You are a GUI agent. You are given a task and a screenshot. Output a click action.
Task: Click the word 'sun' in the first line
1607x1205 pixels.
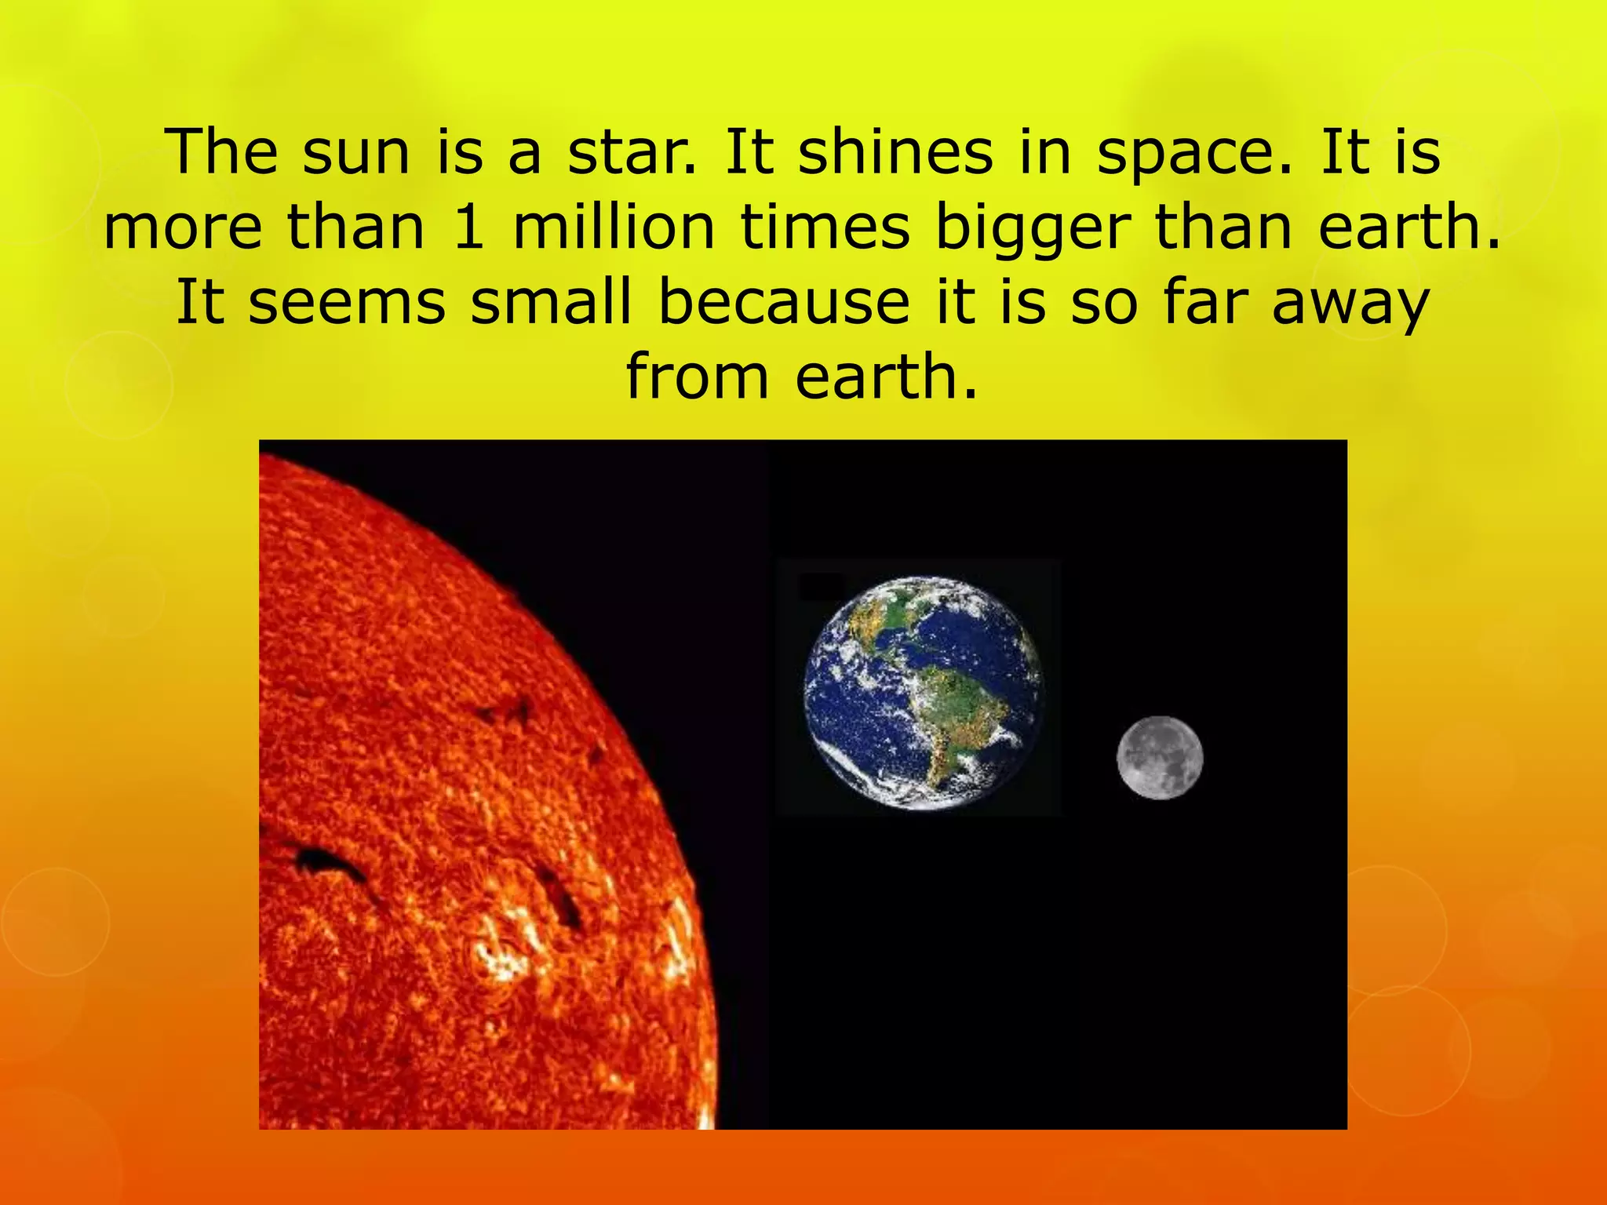tap(356, 153)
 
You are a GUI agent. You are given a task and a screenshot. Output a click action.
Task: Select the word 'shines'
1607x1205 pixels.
tap(895, 153)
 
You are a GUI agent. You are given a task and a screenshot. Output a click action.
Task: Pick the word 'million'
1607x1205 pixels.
tap(613, 228)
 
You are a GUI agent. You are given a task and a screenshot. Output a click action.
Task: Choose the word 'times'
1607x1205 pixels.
tap(824, 228)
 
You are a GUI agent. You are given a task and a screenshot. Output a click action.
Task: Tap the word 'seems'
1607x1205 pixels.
tap(346, 303)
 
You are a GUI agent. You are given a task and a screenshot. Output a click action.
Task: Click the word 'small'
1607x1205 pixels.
tap(550, 301)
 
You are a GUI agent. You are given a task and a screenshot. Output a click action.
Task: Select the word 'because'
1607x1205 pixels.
tap(784, 301)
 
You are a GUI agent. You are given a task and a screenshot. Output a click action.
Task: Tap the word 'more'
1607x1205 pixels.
tap(183, 228)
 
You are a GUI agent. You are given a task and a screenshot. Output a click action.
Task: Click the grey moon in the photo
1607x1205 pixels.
tap(1159, 758)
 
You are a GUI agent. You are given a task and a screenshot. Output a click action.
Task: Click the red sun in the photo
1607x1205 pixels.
tap(455, 824)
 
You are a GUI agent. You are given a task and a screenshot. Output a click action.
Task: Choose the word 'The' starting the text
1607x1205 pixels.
tap(221, 153)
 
